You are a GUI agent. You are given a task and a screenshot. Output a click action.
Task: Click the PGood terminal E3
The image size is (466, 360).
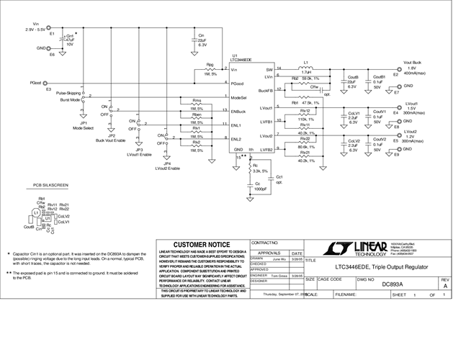point(53,84)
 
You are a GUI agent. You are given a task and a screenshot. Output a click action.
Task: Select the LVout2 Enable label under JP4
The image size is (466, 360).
point(167,168)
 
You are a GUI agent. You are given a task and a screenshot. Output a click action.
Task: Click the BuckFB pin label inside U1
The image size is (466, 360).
point(264,91)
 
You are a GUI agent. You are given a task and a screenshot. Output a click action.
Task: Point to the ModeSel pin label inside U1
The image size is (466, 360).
point(239,96)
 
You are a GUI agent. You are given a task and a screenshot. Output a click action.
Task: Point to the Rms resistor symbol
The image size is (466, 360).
point(197,106)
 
